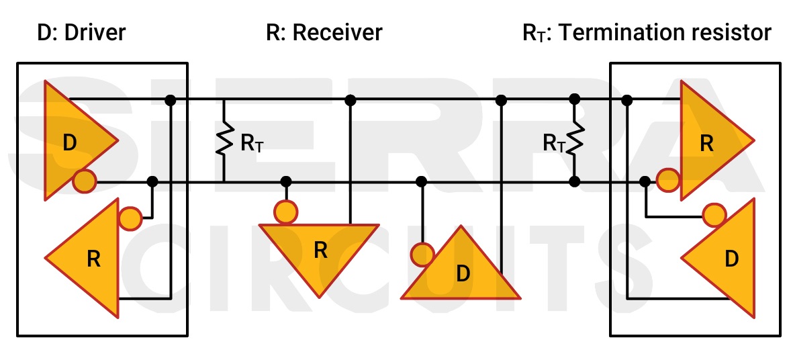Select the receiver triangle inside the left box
[91, 259]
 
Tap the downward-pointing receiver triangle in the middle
[320, 252]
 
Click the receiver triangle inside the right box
[708, 142]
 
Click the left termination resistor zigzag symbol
[224, 141]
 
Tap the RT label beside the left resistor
[252, 142]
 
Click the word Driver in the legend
[95, 32]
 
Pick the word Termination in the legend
[621, 32]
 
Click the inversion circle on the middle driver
[422, 254]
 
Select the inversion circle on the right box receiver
[667, 179]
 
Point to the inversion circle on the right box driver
[714, 215]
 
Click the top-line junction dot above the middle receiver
[350, 100]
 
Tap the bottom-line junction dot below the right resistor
[574, 181]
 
